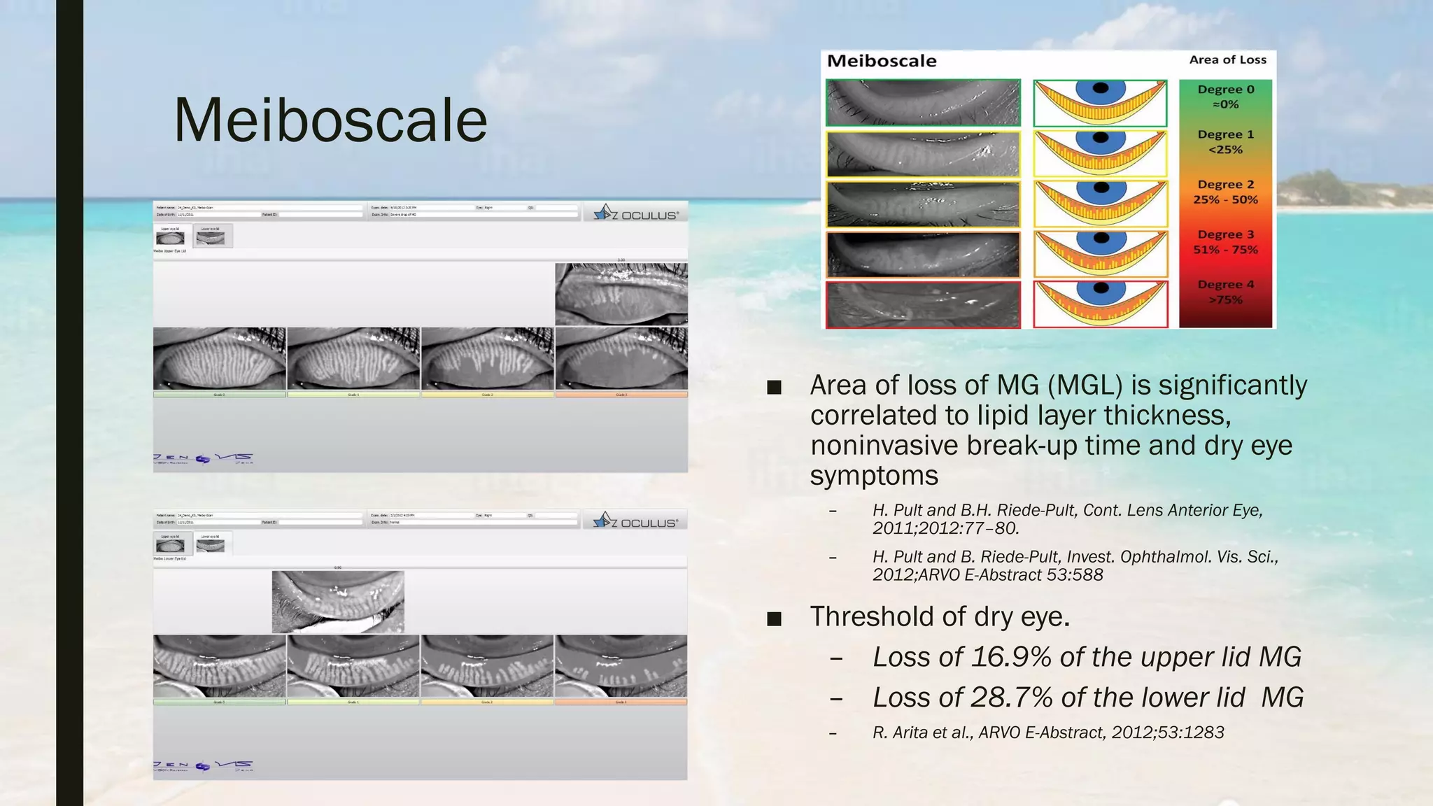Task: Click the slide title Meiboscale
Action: (x=330, y=120)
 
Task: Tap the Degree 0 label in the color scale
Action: (x=1225, y=97)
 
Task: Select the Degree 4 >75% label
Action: (x=1225, y=292)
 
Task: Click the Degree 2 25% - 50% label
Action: (x=1225, y=192)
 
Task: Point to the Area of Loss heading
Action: (x=1227, y=60)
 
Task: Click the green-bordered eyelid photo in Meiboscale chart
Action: (x=923, y=103)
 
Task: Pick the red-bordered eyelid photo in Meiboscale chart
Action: (x=923, y=305)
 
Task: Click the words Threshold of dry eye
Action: (x=940, y=616)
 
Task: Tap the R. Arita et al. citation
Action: (x=1047, y=733)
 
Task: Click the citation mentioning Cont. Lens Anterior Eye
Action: (x=1067, y=519)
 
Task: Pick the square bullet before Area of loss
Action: (x=774, y=387)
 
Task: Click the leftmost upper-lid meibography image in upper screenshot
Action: (x=219, y=358)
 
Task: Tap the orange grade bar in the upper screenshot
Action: (x=621, y=395)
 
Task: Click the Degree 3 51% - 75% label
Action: (x=1225, y=242)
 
